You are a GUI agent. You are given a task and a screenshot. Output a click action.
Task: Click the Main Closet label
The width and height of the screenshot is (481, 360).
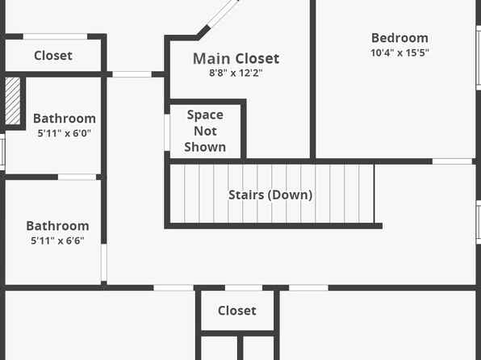coord(236,58)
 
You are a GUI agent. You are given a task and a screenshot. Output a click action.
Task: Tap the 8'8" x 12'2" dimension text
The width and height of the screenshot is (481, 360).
coord(236,73)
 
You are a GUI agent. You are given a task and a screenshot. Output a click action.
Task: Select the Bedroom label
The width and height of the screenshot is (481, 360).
coord(399,38)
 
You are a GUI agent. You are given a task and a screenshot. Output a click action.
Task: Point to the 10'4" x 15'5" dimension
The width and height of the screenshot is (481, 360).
coord(399,52)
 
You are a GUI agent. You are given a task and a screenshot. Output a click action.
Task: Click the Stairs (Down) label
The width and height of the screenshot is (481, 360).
coord(270,195)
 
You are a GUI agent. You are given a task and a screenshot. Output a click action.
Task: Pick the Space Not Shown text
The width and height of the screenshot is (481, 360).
coord(205,131)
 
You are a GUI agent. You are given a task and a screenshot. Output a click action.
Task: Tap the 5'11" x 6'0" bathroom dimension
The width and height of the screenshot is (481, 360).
coord(64,133)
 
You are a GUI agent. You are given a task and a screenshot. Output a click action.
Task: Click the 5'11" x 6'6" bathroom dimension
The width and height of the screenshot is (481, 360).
coord(57,241)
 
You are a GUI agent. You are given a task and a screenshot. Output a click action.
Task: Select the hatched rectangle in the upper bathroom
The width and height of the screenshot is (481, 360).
coord(13,101)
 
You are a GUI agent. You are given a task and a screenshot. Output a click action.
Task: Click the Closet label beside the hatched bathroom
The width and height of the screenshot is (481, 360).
coord(53,56)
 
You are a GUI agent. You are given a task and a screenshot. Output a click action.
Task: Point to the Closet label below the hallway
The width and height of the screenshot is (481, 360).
coord(236,311)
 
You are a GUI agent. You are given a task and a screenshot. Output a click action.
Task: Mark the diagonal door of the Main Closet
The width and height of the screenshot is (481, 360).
coord(224,13)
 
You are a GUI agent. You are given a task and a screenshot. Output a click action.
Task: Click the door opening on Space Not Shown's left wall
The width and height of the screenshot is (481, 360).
coord(167,132)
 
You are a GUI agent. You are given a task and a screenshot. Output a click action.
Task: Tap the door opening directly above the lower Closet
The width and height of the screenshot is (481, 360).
coord(244,288)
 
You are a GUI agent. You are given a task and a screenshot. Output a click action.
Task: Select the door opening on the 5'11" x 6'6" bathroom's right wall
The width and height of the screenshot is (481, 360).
coord(104,262)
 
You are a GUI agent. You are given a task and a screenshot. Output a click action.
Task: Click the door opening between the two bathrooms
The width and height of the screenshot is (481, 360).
coord(77,177)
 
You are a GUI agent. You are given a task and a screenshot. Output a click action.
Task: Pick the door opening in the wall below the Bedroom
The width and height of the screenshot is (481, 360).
coord(452,161)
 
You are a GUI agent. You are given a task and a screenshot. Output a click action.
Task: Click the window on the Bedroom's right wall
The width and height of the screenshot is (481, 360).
coord(479,57)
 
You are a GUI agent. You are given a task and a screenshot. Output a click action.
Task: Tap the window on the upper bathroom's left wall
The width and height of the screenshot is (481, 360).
coord(2,152)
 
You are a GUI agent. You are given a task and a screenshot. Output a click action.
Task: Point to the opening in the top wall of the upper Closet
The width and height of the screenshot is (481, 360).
coord(55,36)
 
